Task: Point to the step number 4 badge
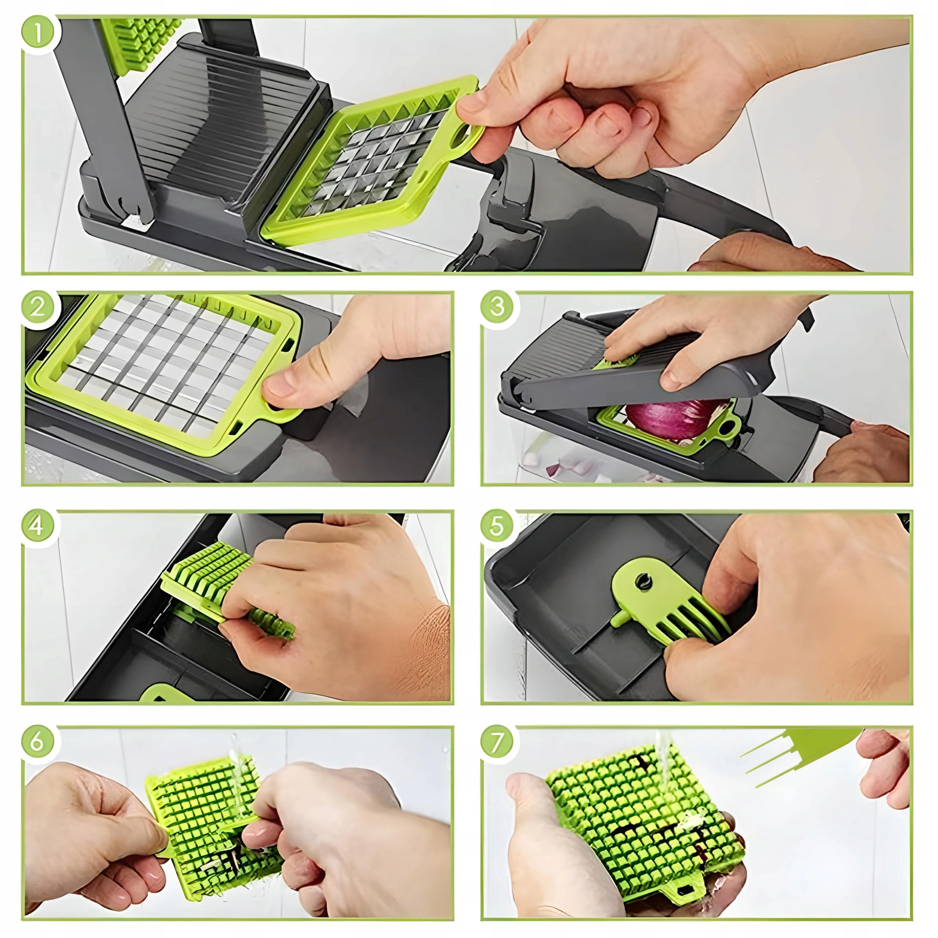click(x=38, y=526)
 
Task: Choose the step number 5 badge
click(x=497, y=526)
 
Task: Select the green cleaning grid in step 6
click(x=214, y=826)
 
